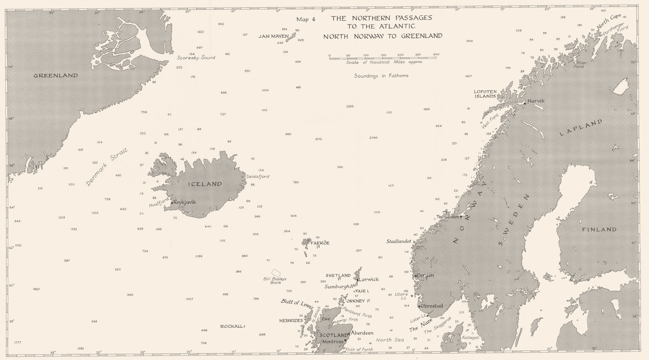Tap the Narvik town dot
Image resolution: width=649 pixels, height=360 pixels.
click(x=524, y=103)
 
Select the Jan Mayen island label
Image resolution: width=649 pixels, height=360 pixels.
click(x=273, y=36)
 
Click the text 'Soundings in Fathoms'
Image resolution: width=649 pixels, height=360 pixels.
click(x=381, y=75)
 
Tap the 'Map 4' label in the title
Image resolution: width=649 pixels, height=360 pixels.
click(x=306, y=19)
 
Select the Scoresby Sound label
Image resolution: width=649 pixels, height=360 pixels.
click(x=196, y=58)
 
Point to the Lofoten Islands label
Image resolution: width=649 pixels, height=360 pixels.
click(x=485, y=94)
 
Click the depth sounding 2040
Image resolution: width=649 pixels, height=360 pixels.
click(x=373, y=137)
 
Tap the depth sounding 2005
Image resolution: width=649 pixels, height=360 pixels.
click(x=350, y=106)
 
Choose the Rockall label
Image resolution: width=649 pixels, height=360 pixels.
click(x=232, y=326)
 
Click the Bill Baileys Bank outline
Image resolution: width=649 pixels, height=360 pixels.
click(x=276, y=272)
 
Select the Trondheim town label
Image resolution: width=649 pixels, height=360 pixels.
click(x=447, y=216)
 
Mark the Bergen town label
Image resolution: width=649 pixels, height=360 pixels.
click(x=425, y=275)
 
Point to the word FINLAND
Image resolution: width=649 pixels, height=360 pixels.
click(x=599, y=229)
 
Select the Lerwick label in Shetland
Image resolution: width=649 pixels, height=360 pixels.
click(x=369, y=279)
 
